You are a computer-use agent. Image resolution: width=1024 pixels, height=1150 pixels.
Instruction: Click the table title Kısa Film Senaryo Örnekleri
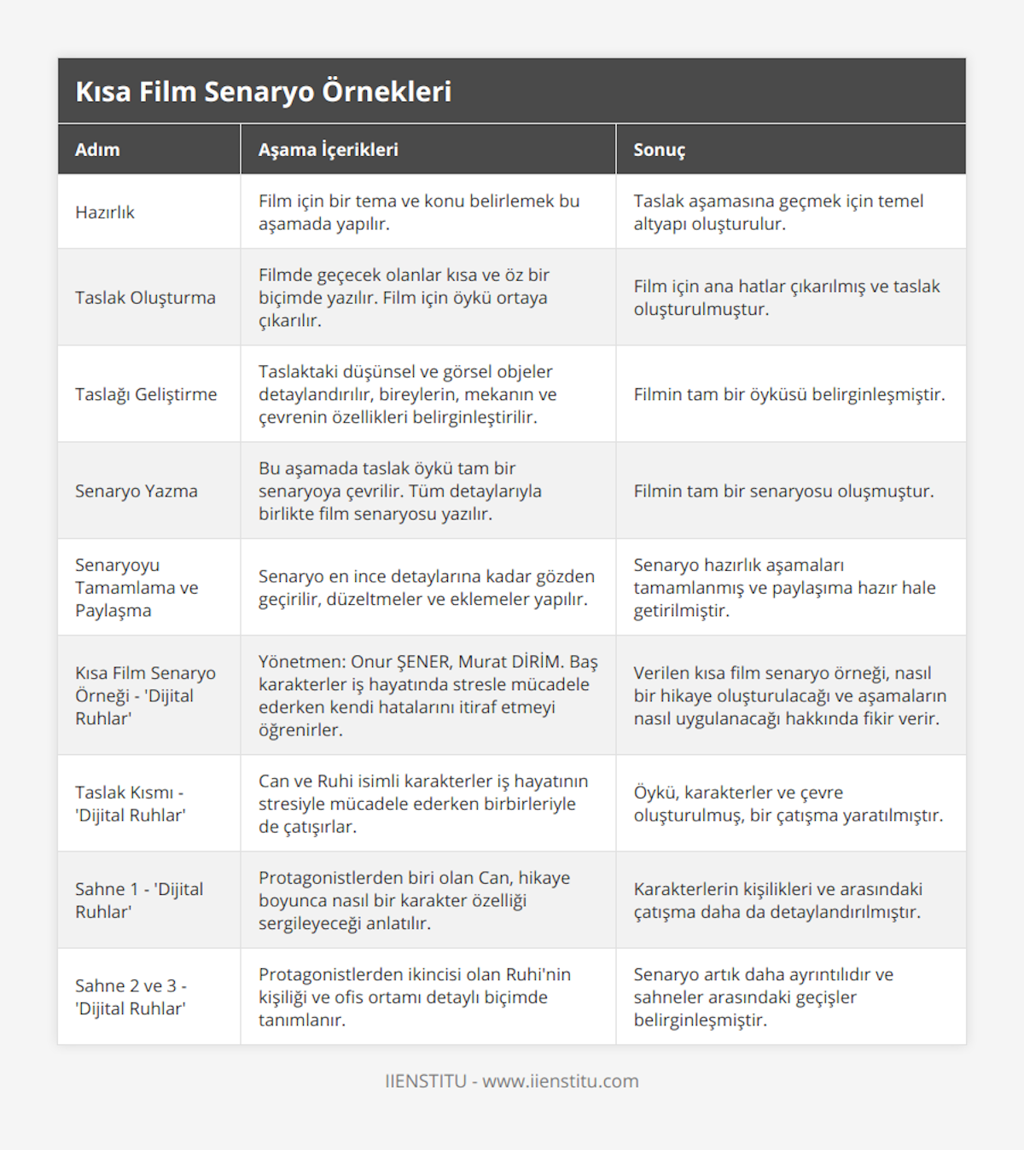(x=263, y=91)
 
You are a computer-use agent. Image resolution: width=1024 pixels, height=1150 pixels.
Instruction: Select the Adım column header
(x=97, y=149)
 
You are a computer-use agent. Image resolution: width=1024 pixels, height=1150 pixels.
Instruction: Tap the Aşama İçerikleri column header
(x=329, y=149)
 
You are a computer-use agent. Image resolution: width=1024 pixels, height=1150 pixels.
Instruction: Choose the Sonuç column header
(x=659, y=149)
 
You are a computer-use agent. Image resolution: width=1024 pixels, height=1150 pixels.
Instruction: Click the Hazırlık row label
(x=105, y=212)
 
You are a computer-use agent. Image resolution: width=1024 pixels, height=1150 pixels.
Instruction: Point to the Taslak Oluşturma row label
(x=145, y=298)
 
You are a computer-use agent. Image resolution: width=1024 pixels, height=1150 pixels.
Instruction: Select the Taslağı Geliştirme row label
(x=146, y=394)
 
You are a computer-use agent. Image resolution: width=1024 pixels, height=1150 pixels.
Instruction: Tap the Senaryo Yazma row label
(x=137, y=491)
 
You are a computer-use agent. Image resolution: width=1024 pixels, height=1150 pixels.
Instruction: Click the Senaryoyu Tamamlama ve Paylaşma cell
(x=137, y=587)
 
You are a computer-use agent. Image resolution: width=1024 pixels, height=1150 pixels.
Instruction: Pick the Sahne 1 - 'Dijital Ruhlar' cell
(x=139, y=900)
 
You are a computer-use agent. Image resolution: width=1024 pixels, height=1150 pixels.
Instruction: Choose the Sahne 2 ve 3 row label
(x=131, y=996)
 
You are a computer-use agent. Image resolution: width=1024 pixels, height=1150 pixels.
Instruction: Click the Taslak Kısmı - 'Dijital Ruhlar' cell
(x=131, y=804)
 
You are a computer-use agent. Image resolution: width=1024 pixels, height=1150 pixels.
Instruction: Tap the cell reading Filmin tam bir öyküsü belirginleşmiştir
(x=789, y=394)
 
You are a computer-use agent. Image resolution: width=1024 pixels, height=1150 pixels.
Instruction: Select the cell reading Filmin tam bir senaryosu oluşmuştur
(x=783, y=491)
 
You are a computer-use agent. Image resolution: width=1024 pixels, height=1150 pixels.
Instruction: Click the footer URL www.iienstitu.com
(x=561, y=1081)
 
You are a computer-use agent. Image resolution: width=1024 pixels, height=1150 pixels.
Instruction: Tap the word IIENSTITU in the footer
(x=426, y=1081)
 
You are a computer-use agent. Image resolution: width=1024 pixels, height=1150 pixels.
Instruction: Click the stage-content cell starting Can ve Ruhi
(x=423, y=804)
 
